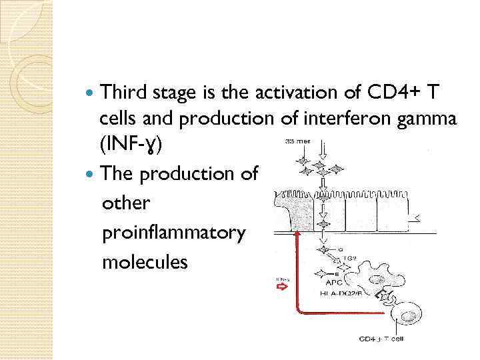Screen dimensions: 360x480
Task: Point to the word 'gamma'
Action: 431,119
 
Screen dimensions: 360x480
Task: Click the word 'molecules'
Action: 145,262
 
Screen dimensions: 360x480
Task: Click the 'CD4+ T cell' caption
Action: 381,339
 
